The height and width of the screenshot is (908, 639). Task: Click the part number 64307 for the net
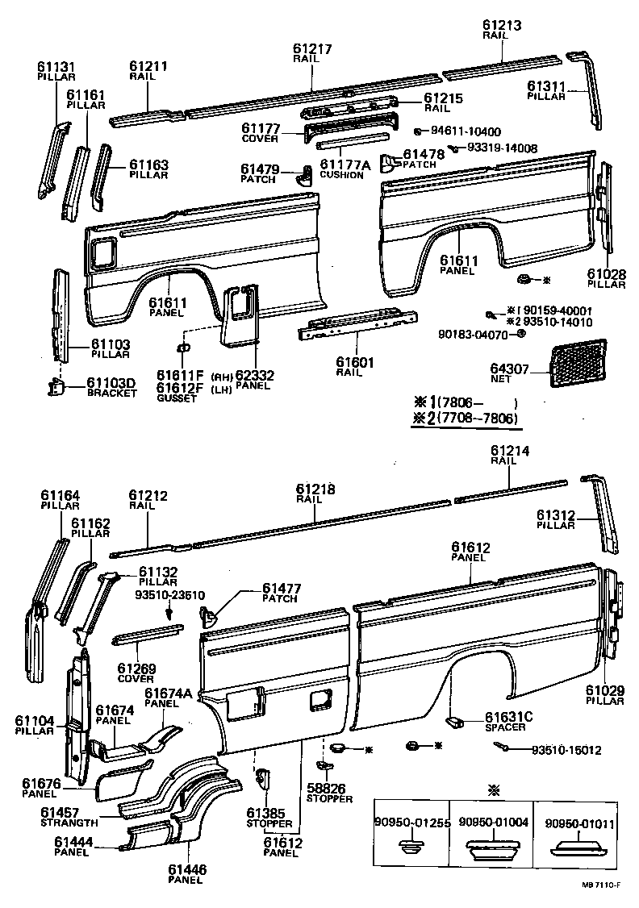coord(510,370)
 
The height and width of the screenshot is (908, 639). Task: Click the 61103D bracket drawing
coord(58,388)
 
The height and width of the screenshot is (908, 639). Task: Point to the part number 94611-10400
coord(466,131)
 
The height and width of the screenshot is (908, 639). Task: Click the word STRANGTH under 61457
coord(69,823)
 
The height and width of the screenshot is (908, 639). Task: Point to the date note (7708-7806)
coord(477,419)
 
